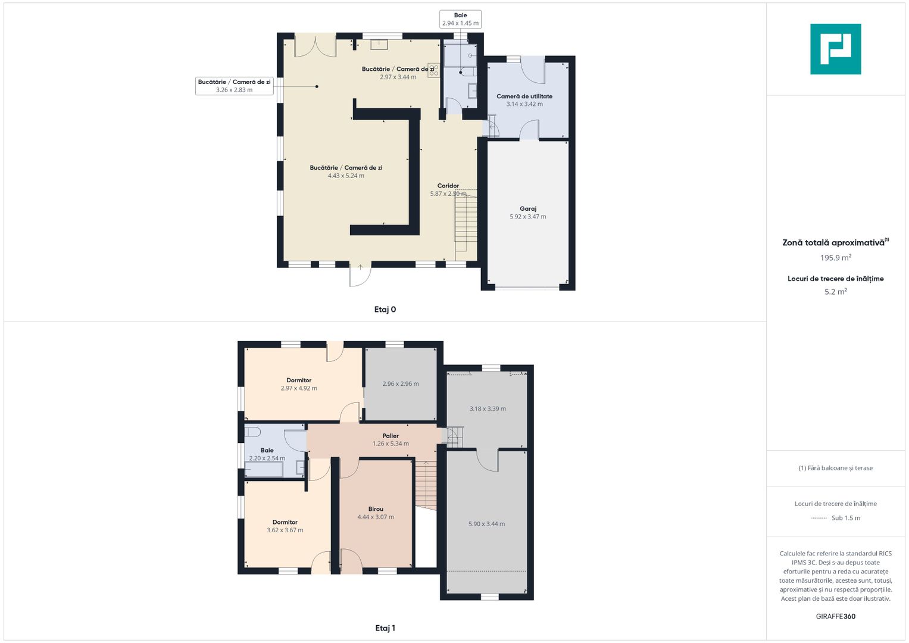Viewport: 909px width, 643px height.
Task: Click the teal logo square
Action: (x=835, y=49)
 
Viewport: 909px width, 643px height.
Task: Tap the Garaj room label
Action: (x=527, y=208)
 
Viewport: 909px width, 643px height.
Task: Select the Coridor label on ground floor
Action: (x=448, y=186)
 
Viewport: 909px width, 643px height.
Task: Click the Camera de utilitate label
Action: (x=524, y=96)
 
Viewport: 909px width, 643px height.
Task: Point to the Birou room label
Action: (x=376, y=508)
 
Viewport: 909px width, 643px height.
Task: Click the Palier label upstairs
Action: (x=391, y=436)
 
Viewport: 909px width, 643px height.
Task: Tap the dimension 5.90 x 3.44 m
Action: (x=486, y=524)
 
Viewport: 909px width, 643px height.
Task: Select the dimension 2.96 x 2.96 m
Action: (x=401, y=383)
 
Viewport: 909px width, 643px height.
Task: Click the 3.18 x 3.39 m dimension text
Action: (x=488, y=409)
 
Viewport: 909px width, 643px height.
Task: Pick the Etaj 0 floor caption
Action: (x=385, y=310)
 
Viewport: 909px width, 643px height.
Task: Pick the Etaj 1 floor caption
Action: (x=385, y=628)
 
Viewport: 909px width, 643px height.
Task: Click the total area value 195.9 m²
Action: (x=836, y=257)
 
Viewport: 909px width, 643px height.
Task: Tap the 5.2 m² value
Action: (x=836, y=292)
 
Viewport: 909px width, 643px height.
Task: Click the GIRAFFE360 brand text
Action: (x=836, y=616)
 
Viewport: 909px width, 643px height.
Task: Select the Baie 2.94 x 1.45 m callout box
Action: (x=460, y=19)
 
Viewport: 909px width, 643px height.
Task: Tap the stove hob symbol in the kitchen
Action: (x=433, y=70)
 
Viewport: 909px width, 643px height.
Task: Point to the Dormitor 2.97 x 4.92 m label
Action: (x=299, y=384)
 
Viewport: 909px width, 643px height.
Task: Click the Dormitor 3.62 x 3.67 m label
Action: (x=285, y=526)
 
